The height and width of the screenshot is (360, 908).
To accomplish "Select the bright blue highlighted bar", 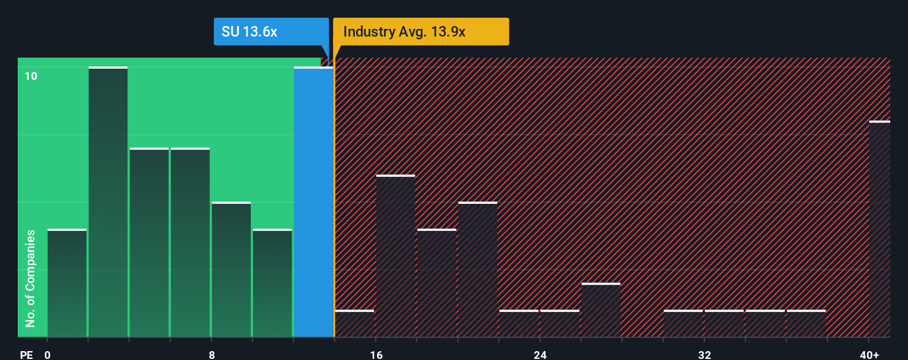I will (x=313, y=202).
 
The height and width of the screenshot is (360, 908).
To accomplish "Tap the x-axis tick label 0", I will (x=48, y=354).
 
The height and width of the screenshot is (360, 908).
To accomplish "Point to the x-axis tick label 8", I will (x=212, y=354).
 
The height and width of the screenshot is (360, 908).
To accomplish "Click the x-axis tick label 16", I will (x=376, y=354).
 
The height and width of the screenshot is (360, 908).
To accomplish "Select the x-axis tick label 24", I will (x=540, y=354).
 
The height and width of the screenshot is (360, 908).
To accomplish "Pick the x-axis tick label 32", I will (x=704, y=354).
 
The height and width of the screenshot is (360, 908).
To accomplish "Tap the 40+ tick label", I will (x=869, y=354).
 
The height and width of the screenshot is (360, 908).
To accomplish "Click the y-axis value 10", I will (x=31, y=76).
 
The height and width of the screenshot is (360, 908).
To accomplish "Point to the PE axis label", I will (x=26, y=354).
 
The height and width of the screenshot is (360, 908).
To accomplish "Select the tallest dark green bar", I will (x=108, y=202).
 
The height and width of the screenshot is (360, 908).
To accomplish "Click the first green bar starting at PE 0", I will (x=67, y=283).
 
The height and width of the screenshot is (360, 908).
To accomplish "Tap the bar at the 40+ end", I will (x=879, y=229).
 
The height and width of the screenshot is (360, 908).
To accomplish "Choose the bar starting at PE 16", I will (x=395, y=256).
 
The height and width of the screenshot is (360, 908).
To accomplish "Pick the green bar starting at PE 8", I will (x=231, y=269).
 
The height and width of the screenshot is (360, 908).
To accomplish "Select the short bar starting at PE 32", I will (x=724, y=323).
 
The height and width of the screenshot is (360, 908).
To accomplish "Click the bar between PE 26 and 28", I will (x=601, y=310).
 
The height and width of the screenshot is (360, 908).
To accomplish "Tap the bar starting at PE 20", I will (x=478, y=269).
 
